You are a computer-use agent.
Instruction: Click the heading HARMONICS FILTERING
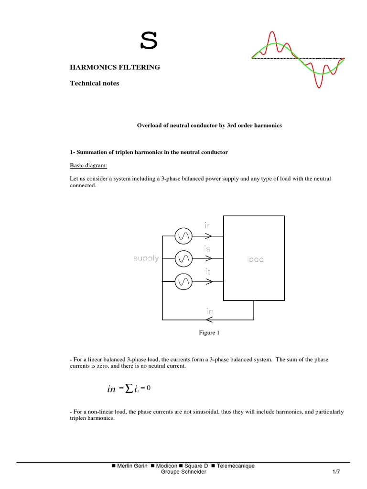point(115,67)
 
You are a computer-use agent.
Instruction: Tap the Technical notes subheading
point(95,83)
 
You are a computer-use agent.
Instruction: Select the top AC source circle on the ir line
point(183,235)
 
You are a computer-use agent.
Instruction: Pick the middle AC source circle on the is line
point(183,259)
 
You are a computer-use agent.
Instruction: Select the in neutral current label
point(209,311)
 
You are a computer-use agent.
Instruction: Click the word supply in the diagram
point(146,259)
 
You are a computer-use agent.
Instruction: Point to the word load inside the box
point(255,259)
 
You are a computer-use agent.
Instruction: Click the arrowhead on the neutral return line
point(209,319)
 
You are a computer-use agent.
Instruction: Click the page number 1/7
point(336,472)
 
